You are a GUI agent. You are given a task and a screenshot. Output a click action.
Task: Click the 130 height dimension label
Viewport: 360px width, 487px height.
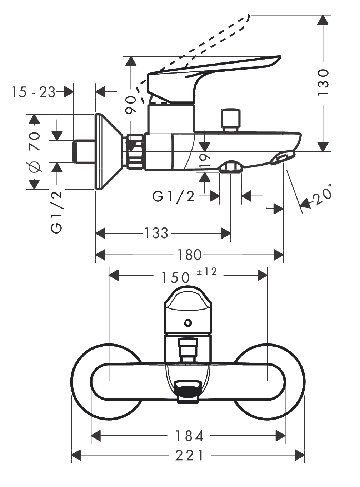point(323,82)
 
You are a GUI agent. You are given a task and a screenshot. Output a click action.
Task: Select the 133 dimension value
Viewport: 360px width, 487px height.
point(156,234)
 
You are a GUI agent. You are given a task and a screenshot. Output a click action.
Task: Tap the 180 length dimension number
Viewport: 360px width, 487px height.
point(189,255)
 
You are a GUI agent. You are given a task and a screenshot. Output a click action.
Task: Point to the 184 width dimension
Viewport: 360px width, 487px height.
point(189,436)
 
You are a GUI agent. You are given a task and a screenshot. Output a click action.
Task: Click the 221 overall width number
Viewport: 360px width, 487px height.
point(190,455)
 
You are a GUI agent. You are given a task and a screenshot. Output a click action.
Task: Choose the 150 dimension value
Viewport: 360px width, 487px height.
point(175,277)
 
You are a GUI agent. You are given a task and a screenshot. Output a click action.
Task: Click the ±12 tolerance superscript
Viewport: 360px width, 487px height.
point(207,272)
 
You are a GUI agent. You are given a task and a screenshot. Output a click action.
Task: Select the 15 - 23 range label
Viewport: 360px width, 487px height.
point(33,92)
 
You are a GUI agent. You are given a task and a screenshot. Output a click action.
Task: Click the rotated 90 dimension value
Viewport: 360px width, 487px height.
point(131,105)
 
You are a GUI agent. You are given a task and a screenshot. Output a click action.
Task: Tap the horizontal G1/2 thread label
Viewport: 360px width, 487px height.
point(174,196)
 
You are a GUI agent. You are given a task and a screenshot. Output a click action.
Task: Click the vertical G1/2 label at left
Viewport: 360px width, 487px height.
point(57,212)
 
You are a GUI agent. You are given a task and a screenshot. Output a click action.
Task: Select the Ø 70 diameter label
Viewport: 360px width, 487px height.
point(35,151)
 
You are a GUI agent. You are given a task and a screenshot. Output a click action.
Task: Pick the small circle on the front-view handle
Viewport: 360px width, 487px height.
point(187,323)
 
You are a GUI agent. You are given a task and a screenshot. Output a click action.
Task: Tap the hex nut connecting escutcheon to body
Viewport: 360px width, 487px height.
point(135,151)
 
